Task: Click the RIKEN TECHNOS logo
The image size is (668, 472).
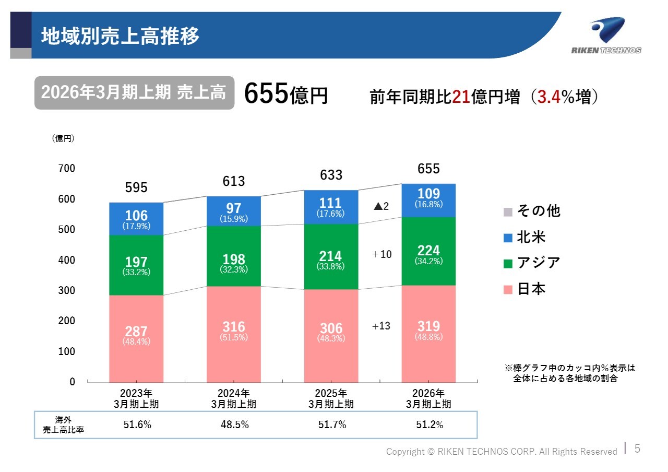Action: (x=606, y=36)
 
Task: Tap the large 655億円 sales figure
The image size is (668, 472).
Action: (x=285, y=94)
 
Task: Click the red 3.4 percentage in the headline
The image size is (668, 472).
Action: (x=548, y=97)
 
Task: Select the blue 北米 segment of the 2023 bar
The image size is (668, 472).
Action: (x=136, y=219)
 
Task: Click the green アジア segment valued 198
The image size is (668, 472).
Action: (x=234, y=256)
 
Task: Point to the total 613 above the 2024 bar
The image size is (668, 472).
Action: (x=234, y=181)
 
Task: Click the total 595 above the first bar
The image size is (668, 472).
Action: (x=136, y=187)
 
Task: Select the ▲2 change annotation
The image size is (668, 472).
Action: (x=381, y=206)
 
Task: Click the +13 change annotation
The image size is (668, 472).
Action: (x=381, y=326)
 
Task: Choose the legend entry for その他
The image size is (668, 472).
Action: (x=532, y=211)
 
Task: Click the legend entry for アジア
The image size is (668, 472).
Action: (x=532, y=263)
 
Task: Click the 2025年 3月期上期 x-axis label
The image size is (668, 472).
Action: (x=331, y=398)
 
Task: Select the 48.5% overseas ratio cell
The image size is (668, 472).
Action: (x=234, y=425)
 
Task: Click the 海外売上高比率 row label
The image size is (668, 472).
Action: (x=63, y=425)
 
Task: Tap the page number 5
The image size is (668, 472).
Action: (x=637, y=449)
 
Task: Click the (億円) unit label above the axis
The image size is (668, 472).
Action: (x=63, y=138)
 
